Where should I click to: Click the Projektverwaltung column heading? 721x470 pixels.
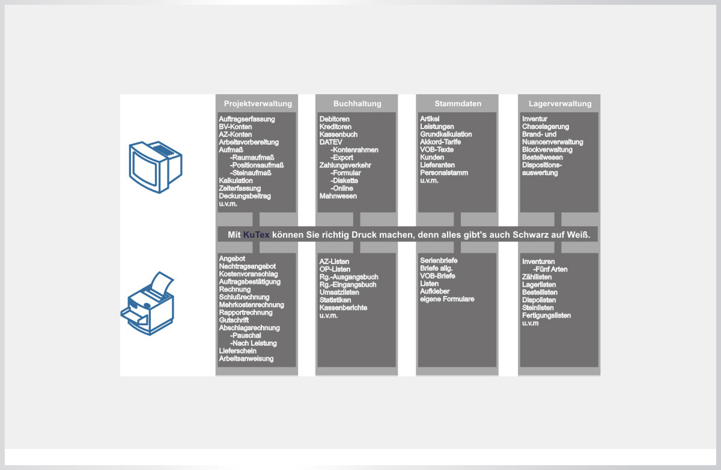258,104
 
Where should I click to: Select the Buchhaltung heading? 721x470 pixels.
357,103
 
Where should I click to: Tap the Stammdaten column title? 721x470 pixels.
458,103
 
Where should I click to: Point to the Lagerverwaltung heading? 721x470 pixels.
560,104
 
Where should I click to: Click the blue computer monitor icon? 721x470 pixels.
156,167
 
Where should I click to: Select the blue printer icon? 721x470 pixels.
147,304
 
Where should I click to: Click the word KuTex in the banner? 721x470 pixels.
256,235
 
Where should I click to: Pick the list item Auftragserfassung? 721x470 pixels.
247,119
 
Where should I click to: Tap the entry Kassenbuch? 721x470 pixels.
338,134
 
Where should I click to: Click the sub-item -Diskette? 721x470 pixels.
344,181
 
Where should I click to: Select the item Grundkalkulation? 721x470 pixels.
446,134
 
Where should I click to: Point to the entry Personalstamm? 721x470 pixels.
444,173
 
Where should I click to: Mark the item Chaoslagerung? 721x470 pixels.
546,127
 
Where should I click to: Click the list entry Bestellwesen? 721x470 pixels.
543,157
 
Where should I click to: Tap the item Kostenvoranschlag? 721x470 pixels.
248,274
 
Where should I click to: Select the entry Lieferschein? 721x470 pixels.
237,351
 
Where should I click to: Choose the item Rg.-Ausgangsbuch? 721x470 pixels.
348,277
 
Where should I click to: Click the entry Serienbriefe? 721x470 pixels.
439,261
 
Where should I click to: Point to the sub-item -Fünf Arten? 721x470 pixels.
550,270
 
